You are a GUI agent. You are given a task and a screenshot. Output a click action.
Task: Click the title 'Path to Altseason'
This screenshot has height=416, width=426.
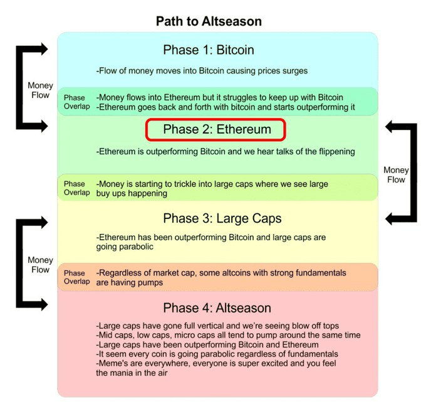pos(209,21)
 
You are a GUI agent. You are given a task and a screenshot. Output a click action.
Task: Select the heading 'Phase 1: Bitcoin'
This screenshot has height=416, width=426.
pos(209,50)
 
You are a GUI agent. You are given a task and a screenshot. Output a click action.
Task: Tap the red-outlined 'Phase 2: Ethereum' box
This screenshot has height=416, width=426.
pos(216,130)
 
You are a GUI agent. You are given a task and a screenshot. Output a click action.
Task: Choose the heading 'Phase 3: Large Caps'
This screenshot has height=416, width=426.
pos(222,218)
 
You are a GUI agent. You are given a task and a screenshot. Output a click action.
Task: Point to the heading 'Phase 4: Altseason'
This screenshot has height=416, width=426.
pos(217,308)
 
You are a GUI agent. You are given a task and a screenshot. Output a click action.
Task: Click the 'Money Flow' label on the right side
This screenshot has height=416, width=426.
pos(396,174)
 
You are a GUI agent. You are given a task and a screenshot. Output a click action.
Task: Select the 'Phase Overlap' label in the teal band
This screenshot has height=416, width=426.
pos(75,102)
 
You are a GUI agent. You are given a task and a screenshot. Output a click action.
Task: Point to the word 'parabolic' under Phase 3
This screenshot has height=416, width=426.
pos(135,247)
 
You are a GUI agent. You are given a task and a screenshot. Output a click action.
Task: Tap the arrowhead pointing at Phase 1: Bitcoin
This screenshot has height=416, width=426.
pos(42,49)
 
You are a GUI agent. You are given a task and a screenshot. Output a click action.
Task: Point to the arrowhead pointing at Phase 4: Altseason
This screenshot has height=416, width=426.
pos(42,305)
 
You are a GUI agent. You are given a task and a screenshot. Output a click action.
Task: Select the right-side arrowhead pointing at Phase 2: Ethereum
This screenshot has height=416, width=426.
pos(390,126)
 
